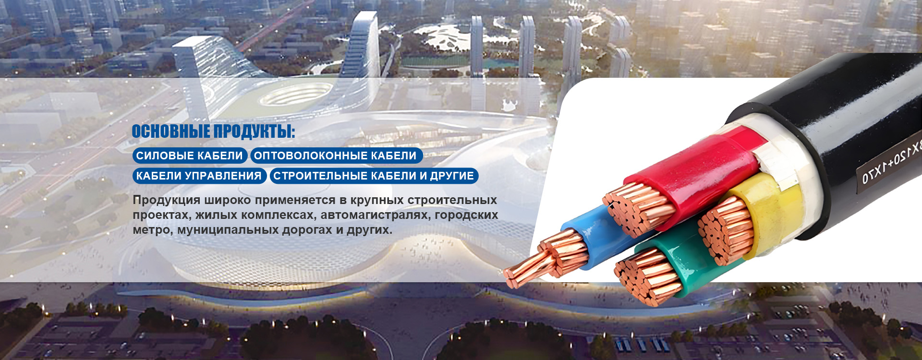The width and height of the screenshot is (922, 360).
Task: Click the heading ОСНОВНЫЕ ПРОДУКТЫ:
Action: pos(213,132)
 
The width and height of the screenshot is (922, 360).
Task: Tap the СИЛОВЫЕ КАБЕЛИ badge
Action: pos(190,156)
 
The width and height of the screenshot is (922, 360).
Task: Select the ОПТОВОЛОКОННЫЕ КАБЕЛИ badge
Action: pos(336,156)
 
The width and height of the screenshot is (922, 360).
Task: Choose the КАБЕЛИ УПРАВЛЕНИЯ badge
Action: pos(199,176)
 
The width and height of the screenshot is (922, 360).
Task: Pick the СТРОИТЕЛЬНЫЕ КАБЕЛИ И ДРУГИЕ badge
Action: pos(374,176)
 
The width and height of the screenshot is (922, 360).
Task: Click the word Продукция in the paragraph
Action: pos(166,200)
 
